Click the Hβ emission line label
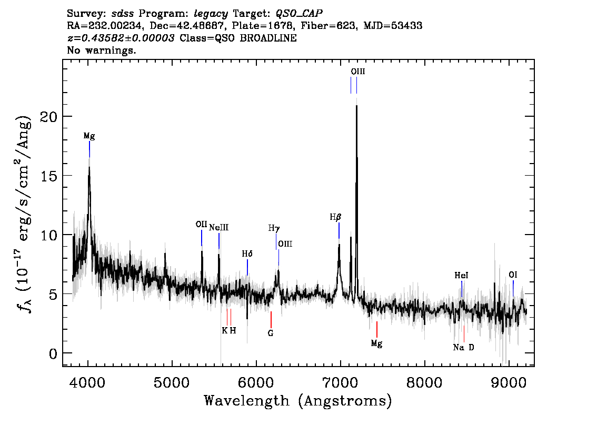pos(335,217)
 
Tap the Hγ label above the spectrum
pos(274,228)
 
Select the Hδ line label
pos(247,253)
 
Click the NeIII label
pos(218,228)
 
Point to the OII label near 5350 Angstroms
pos(201,224)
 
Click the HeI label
pos(461,275)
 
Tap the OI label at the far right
pos(513,275)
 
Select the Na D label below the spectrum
pos(463,347)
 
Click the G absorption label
pos(271,333)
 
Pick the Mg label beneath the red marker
pos(376,343)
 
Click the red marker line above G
pos(271,319)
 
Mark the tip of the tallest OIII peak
pos(357,106)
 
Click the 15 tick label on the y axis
pos(48,176)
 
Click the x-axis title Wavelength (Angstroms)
pos(298,401)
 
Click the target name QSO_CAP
pos(299,13)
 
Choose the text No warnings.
pos(102,50)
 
